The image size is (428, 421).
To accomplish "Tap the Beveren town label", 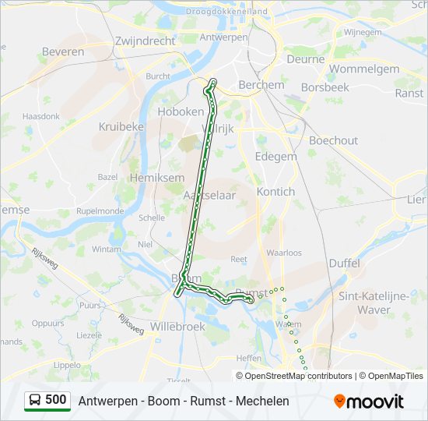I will pos(63,51).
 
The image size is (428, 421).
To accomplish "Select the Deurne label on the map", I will pos(305,58).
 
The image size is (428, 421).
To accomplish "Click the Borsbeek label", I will pos(325,87).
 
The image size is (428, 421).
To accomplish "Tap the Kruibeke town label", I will pos(121,126).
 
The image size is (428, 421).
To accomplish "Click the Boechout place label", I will pos(333,140).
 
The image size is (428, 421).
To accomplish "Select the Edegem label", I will pos(276,156).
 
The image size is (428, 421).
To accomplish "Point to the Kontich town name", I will pos(275,191).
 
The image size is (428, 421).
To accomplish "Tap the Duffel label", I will pos(344,264).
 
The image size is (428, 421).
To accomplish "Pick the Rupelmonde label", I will pos(100,210).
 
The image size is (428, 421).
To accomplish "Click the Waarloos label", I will pos(284,253).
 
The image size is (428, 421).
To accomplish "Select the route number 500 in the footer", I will pos(56,400).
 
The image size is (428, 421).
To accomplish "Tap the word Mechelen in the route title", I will pos(262,401).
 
